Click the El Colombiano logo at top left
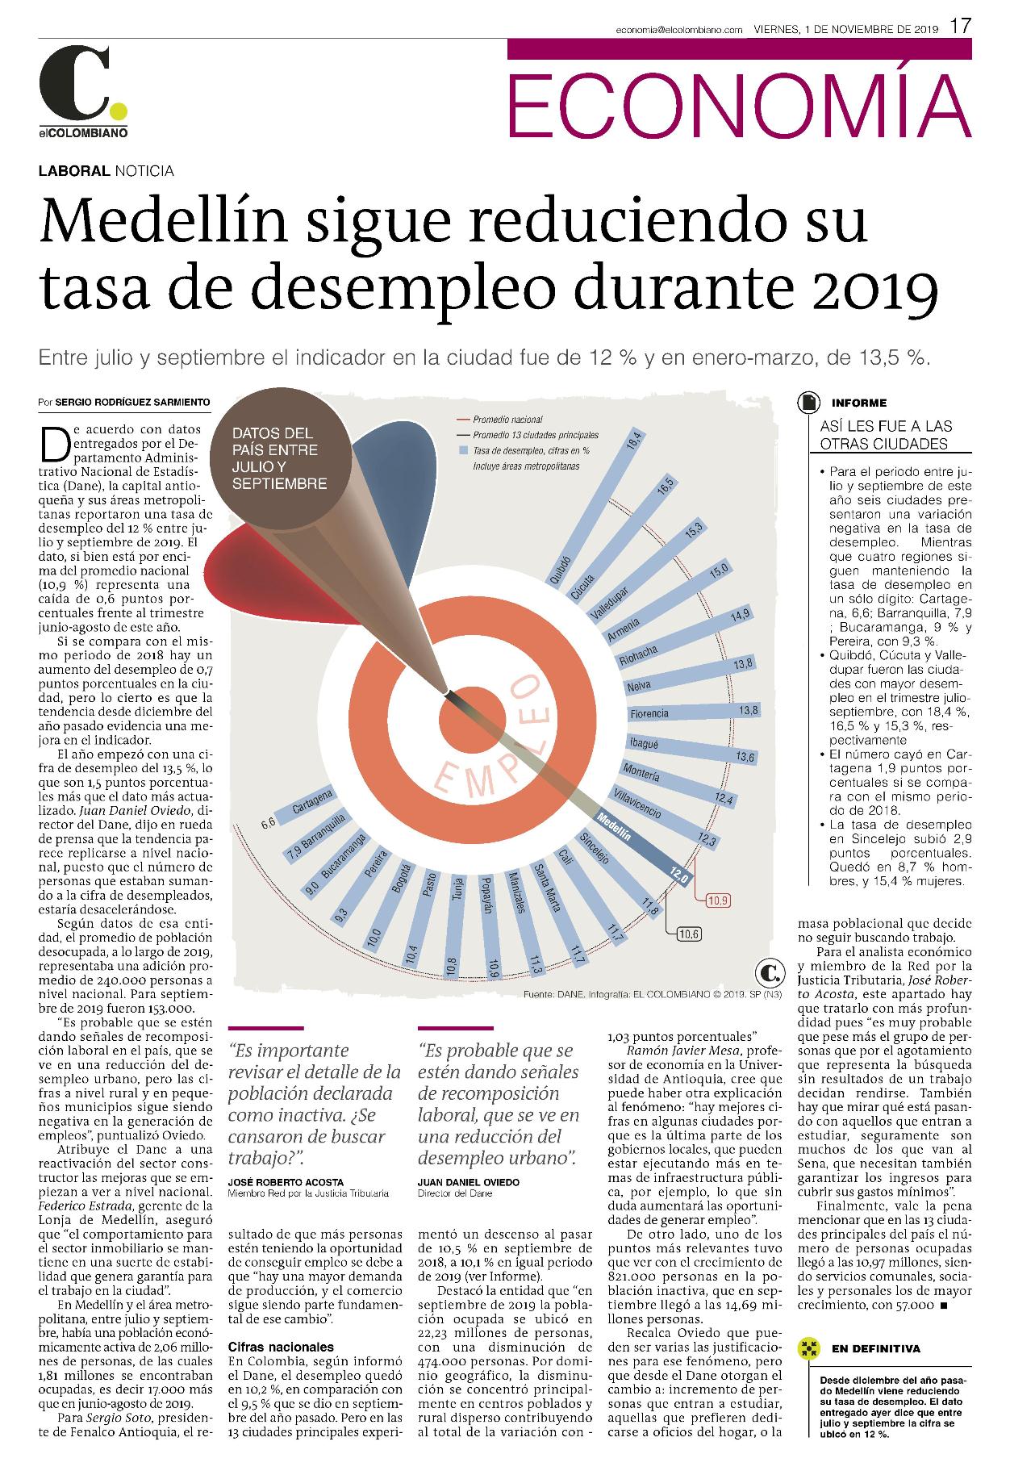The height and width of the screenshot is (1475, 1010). (x=83, y=91)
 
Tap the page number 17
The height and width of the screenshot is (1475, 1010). (x=959, y=26)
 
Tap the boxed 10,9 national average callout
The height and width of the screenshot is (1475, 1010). (x=717, y=900)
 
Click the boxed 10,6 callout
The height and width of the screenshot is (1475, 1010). (x=690, y=934)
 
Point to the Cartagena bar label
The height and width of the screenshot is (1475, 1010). (x=312, y=802)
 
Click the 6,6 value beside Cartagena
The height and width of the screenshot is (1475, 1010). (x=269, y=824)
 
